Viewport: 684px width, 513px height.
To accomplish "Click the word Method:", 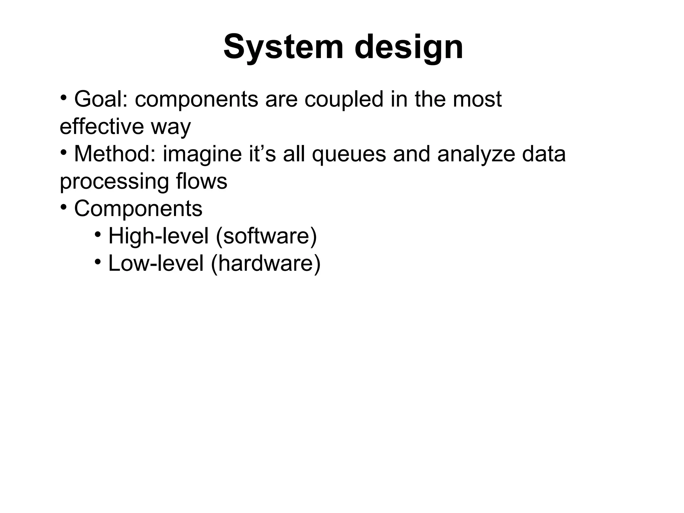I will coord(115,154).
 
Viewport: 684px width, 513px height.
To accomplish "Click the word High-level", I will coord(159,236).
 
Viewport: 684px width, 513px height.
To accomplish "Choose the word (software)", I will coord(266,236).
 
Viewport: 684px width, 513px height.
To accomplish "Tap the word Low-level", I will coord(156,263).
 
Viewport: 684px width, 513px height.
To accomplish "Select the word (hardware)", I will coord(266,263).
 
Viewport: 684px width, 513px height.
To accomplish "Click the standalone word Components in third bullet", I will coord(138,209).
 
